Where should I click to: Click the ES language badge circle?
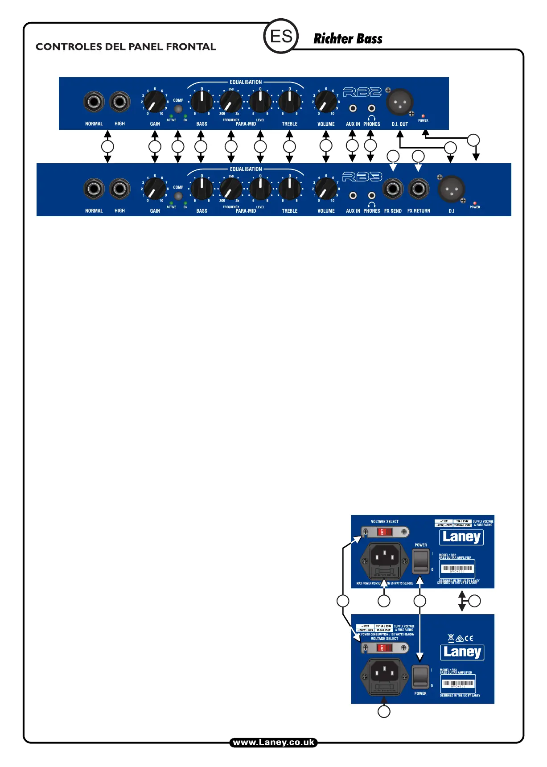pyautogui.click(x=281, y=36)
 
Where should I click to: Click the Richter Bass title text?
pyautogui.click(x=348, y=39)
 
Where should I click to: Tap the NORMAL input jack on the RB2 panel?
pyautogui.click(x=94, y=102)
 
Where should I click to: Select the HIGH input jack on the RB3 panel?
pyautogui.click(x=119, y=189)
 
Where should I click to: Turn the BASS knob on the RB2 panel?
pyautogui.click(x=202, y=102)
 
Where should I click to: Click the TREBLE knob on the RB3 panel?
pyautogui.click(x=289, y=189)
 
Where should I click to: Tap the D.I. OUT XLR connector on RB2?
pyautogui.click(x=400, y=103)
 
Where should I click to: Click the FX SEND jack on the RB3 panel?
pyautogui.click(x=393, y=189)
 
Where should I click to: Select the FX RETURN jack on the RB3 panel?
pyautogui.click(x=419, y=189)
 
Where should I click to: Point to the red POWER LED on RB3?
pyautogui.click(x=475, y=203)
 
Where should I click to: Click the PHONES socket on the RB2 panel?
pyautogui.click(x=371, y=108)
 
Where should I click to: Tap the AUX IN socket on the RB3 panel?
pyautogui.click(x=353, y=195)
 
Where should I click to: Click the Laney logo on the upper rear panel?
pyautogui.click(x=462, y=537)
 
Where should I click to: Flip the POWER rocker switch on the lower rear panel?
pyautogui.click(x=420, y=676)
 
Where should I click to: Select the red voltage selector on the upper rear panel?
pyautogui.click(x=384, y=532)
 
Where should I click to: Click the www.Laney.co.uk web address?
pyautogui.click(x=273, y=742)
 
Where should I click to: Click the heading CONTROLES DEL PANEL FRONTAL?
pyautogui.click(x=126, y=47)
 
